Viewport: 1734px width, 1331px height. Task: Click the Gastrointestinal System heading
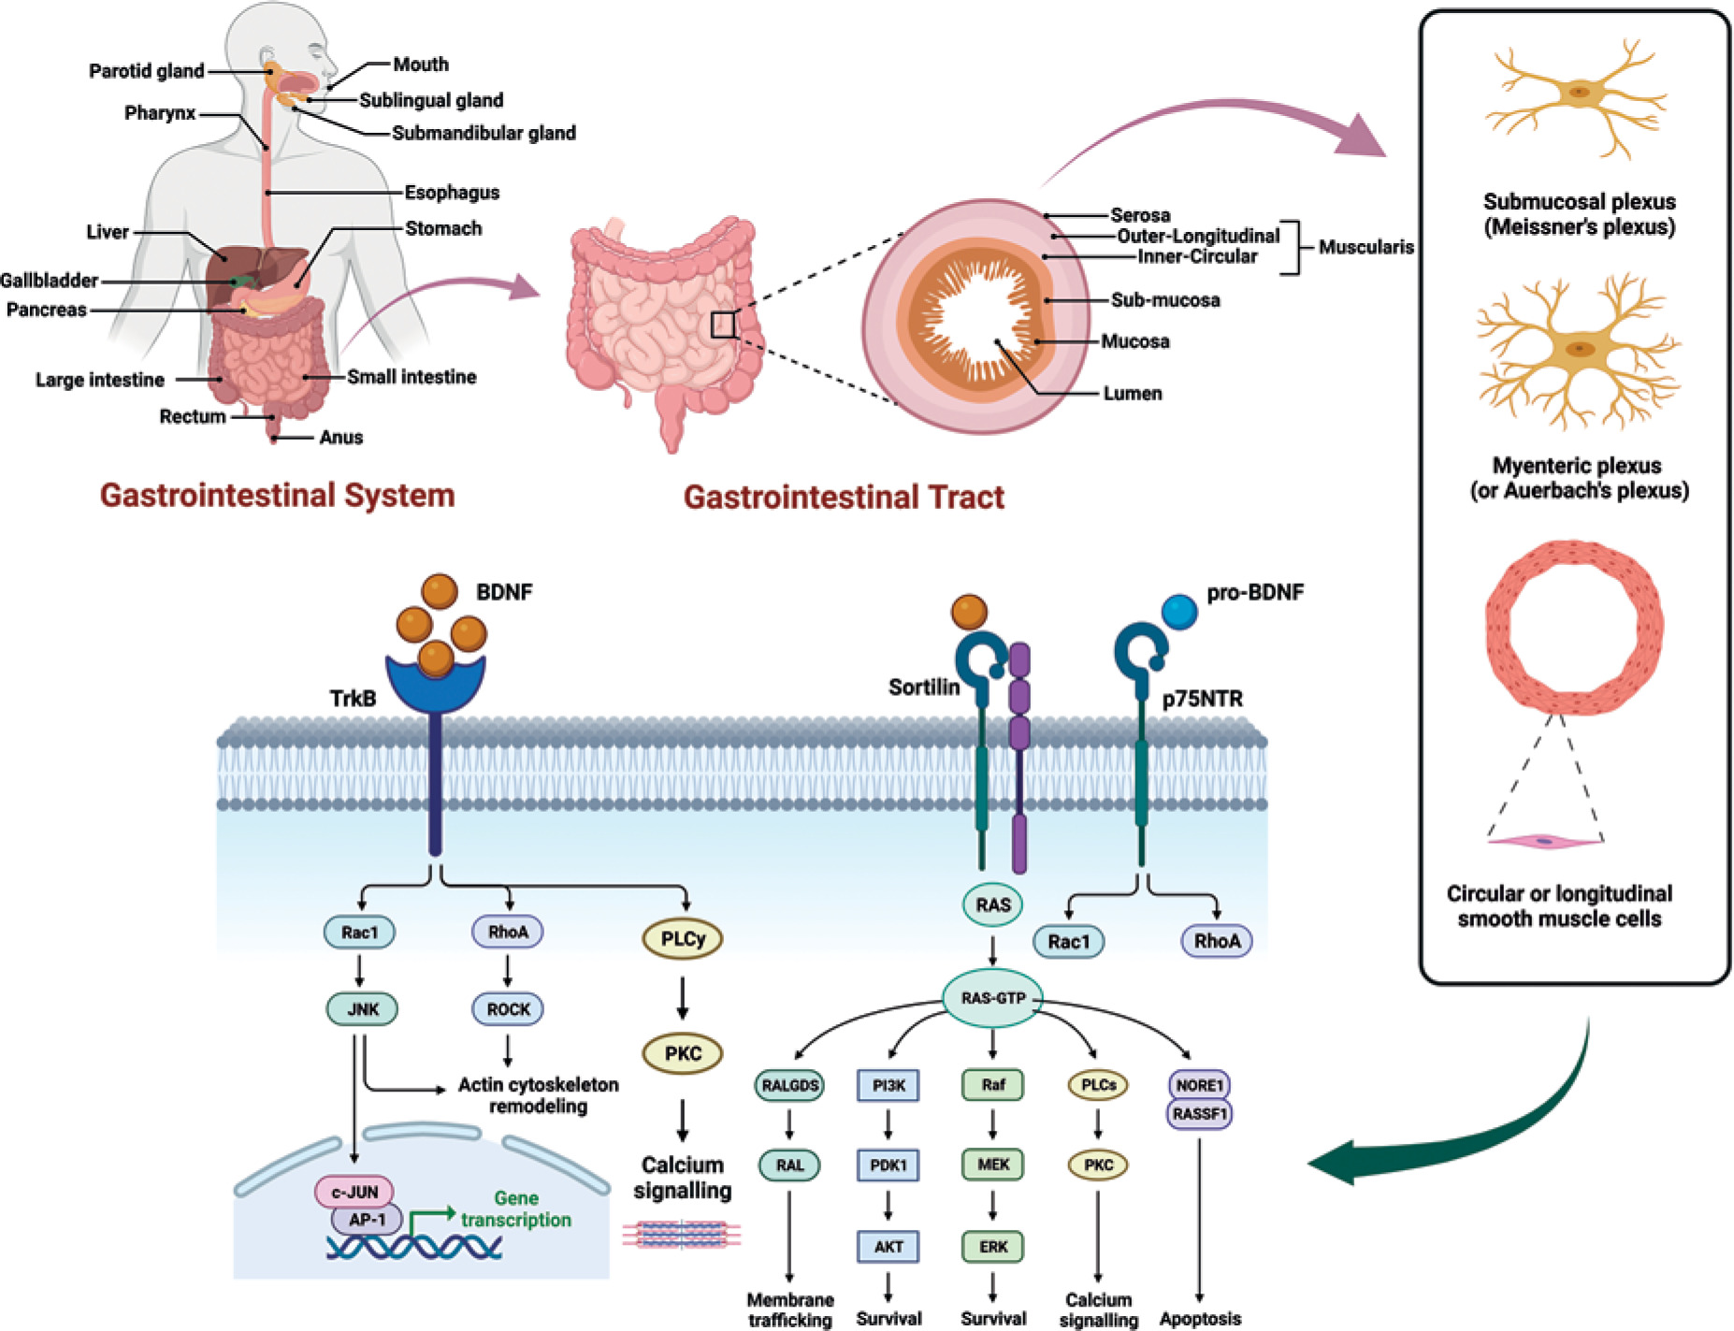(277, 495)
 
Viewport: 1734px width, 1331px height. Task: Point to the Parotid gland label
(146, 71)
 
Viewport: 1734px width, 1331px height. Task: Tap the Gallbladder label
(49, 281)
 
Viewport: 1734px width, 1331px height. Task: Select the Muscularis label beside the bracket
(1366, 247)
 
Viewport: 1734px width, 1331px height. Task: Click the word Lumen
(1132, 394)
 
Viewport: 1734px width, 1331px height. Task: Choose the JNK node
(362, 1009)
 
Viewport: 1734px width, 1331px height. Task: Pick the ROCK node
(508, 1009)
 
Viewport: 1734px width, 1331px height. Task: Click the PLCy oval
(683, 939)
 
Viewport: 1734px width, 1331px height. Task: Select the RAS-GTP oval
(992, 998)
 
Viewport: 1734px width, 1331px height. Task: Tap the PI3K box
(889, 1085)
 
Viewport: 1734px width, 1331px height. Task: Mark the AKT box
(889, 1246)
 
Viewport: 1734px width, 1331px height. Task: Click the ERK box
(992, 1246)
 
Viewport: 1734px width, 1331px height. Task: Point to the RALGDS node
(789, 1085)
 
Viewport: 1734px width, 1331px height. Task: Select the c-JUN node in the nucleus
(354, 1192)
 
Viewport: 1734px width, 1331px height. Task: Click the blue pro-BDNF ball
(1179, 611)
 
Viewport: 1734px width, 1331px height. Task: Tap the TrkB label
(353, 699)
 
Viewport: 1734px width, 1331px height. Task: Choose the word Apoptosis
(1200, 1319)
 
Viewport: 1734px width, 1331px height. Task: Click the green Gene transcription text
(516, 1208)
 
